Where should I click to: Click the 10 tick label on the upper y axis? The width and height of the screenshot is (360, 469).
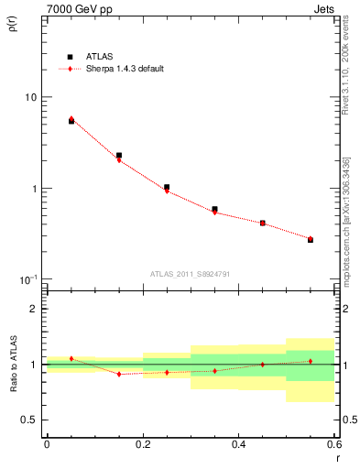pos(30,97)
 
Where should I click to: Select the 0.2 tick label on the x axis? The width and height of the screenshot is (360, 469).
pos(142,444)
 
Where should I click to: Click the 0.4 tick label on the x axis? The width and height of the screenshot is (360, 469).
pos(238,444)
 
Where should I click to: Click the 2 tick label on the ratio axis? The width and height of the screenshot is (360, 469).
pos(34,310)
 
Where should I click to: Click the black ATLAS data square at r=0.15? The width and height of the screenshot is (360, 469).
pos(119,156)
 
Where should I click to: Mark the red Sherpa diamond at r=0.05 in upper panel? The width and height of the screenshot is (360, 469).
pos(71,118)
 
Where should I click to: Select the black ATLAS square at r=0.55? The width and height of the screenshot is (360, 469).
pos(311,240)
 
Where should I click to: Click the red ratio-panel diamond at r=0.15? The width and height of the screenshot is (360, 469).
pos(119,374)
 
